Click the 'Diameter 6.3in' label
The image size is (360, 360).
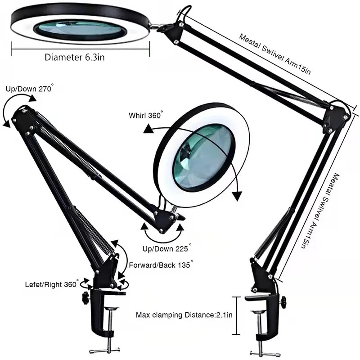75,57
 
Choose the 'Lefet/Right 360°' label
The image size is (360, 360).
52,285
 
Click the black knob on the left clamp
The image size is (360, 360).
83,297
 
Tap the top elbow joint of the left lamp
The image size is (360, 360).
22,115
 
